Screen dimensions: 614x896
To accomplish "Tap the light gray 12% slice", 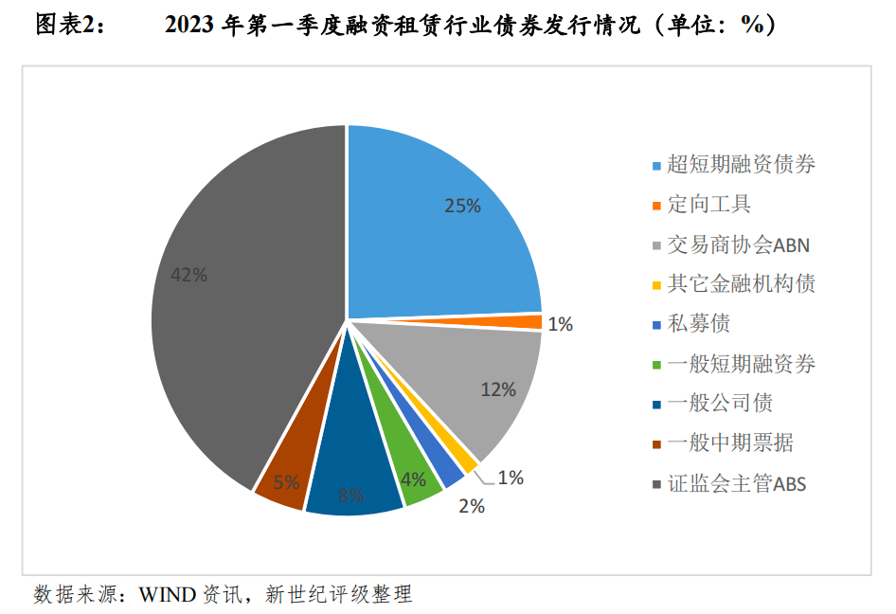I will (474, 384).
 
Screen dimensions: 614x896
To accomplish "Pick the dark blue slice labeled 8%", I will (353, 474).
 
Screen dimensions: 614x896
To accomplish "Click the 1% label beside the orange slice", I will (560, 324).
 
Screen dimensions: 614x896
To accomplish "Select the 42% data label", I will (188, 275).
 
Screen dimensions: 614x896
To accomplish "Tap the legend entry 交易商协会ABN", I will (738, 244).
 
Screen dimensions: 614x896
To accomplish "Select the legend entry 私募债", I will (698, 324).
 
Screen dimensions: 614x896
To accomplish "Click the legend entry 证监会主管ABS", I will (736, 484).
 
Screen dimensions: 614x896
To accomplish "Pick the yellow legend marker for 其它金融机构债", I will (656, 284).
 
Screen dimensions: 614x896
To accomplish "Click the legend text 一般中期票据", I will (729, 443).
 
